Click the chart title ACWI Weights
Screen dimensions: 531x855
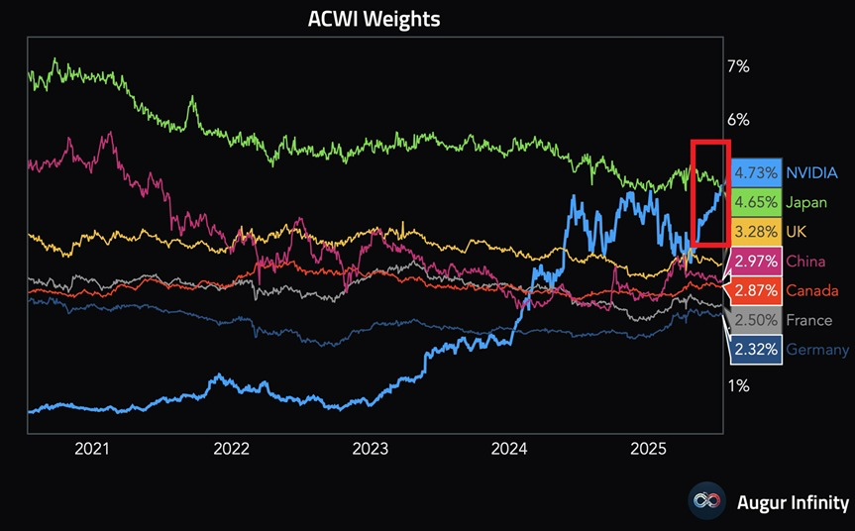(x=374, y=19)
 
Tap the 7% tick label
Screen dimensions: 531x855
(x=738, y=67)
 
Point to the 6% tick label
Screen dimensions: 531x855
(x=738, y=120)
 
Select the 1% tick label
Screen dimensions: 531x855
(x=738, y=385)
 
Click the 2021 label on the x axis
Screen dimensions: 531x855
(x=91, y=449)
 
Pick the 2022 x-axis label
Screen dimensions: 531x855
(x=231, y=449)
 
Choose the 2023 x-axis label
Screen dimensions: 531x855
(x=371, y=449)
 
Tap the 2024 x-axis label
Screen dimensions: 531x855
(x=510, y=449)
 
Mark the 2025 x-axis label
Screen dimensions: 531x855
(x=650, y=449)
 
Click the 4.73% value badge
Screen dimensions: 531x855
(x=756, y=172)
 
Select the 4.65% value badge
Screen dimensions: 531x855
(x=756, y=202)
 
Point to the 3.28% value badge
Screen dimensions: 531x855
(x=756, y=231)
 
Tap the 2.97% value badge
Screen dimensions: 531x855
(x=756, y=262)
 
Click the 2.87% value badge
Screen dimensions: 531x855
(x=756, y=290)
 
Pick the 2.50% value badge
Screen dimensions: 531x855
(x=756, y=320)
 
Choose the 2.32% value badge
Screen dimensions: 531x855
(x=756, y=350)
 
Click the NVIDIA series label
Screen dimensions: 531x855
(x=817, y=172)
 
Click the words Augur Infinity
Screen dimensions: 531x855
(x=793, y=501)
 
